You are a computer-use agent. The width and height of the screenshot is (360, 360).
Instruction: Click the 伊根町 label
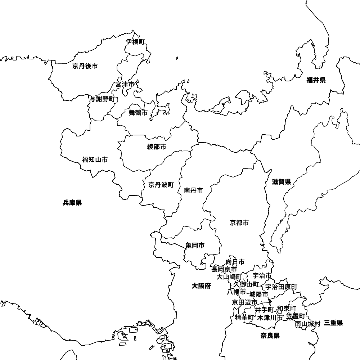point(135,42)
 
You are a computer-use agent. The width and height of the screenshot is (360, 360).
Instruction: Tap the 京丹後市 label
point(85,66)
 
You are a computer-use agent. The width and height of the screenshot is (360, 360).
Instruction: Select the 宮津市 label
point(125,84)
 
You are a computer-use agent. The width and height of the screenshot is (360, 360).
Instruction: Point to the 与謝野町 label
point(102,99)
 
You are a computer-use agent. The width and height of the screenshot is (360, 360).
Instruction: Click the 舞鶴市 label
point(138,113)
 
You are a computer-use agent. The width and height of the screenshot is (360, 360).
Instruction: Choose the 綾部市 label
point(157,147)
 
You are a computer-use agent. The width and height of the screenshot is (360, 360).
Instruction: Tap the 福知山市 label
point(95,159)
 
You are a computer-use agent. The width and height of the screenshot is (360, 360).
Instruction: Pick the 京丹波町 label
point(161,185)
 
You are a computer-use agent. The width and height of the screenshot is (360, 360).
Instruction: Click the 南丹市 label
point(193,190)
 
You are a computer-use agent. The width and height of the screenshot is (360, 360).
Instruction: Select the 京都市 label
point(239,223)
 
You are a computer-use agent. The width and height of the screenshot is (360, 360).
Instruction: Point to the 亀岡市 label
point(195,246)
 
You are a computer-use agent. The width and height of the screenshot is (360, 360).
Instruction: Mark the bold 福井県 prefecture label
point(316,80)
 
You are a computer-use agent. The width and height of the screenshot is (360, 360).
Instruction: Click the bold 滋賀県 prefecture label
point(282,182)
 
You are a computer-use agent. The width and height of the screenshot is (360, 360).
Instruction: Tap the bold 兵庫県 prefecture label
point(72,203)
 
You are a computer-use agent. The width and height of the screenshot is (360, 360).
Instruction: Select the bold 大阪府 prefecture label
point(202,286)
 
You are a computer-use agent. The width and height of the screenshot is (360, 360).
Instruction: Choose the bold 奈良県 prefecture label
point(270,336)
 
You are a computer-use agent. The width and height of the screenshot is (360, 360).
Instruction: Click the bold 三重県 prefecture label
point(333,323)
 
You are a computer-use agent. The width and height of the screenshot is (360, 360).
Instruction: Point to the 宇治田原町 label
point(282,287)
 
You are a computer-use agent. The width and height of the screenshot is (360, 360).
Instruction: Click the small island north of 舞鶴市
point(177,58)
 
